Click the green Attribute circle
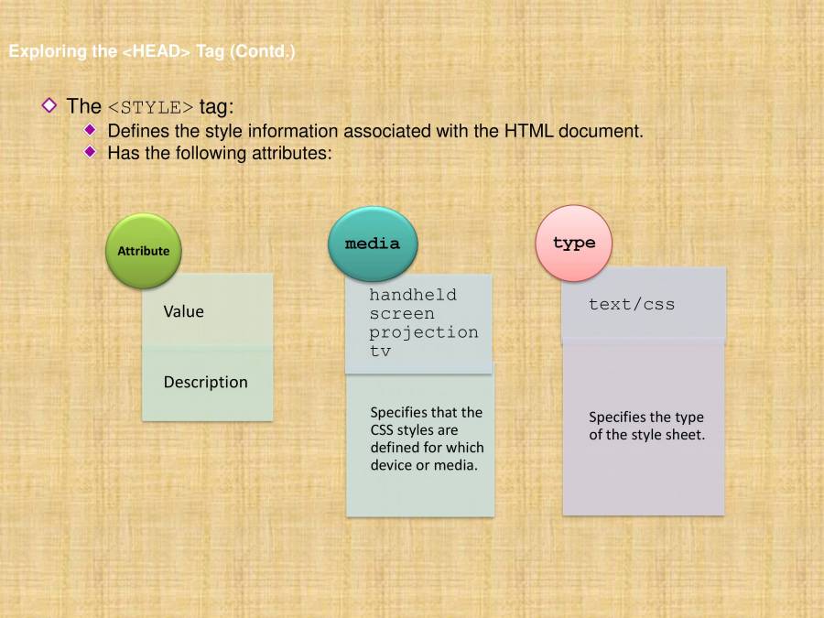(x=144, y=251)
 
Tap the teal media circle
(x=372, y=244)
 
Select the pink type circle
(x=574, y=244)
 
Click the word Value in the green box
(x=183, y=312)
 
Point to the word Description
(x=205, y=383)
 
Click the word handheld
(x=413, y=295)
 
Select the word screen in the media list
(x=402, y=313)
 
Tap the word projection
(x=424, y=331)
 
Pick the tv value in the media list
(x=380, y=351)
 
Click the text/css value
(x=632, y=304)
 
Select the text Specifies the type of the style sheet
(x=646, y=426)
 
